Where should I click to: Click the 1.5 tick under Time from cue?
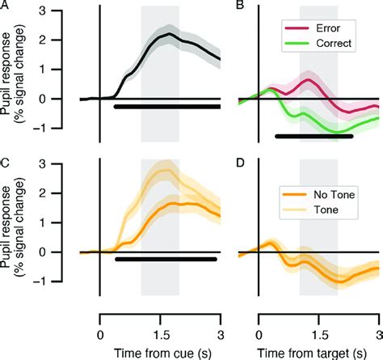(x=160, y=317)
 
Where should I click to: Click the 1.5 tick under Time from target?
(x=318, y=317)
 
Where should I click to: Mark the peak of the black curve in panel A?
(x=166, y=35)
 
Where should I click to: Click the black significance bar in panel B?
(x=314, y=136)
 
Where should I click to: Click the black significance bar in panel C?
(x=166, y=259)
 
